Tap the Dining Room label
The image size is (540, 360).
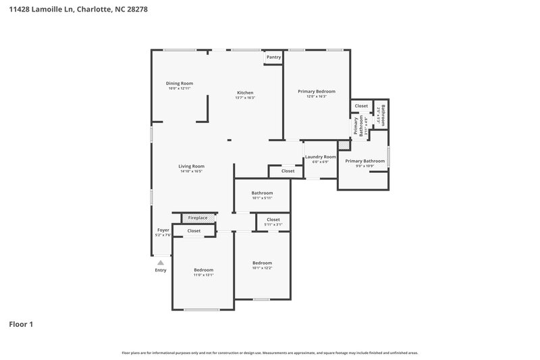click(x=180, y=86)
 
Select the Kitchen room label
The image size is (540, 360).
click(x=244, y=95)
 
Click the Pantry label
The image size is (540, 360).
click(x=273, y=57)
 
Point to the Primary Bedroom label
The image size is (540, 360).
click(x=316, y=93)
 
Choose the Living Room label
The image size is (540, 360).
click(x=191, y=168)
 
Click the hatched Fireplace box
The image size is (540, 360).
click(x=198, y=218)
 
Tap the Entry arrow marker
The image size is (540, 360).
click(x=161, y=262)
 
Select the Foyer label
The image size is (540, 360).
click(x=163, y=232)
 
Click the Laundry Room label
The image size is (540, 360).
click(x=320, y=159)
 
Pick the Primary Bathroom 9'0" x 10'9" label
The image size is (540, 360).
click(x=364, y=163)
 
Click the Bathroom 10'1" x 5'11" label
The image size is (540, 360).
click(x=262, y=195)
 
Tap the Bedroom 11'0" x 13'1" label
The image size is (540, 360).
click(x=203, y=272)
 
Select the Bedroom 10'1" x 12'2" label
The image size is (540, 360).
click(x=262, y=265)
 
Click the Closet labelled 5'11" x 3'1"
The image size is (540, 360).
click(x=273, y=221)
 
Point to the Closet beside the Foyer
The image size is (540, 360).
click(x=194, y=231)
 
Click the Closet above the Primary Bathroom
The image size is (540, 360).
click(x=361, y=106)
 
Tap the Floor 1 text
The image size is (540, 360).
click(x=21, y=324)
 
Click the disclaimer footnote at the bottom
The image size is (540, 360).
click(x=269, y=353)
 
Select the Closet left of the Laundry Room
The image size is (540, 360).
click(x=288, y=171)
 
